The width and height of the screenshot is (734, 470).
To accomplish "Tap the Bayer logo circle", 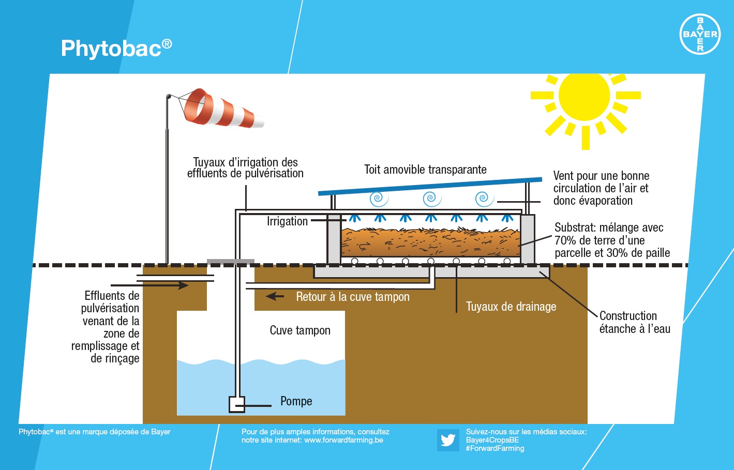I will [700, 34].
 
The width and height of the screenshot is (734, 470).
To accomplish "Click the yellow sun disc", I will [585, 96].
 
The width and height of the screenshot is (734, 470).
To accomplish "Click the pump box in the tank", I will [237, 404].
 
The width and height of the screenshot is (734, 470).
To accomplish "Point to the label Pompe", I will [296, 401].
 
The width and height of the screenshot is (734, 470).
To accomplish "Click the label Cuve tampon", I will [300, 330].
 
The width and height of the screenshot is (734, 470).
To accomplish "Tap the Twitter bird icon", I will [448, 440].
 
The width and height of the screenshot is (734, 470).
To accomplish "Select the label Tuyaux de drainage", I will [511, 307].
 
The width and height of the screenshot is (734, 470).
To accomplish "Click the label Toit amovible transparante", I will [425, 170].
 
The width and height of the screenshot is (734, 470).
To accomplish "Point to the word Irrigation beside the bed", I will [287, 221].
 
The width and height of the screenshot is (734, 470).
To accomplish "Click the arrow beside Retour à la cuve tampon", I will [275, 296].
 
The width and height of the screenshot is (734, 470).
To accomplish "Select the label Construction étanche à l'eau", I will [635, 322].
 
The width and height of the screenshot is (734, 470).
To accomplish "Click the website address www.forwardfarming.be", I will [343, 440].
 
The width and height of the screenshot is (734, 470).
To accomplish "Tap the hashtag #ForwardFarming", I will [495, 448].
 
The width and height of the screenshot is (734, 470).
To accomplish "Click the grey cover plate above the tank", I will [230, 262].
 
